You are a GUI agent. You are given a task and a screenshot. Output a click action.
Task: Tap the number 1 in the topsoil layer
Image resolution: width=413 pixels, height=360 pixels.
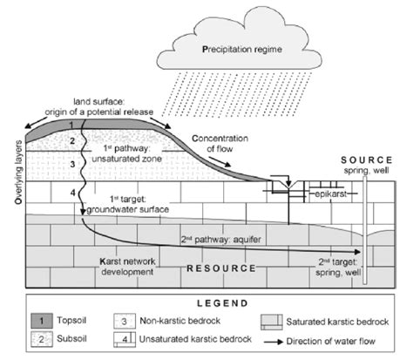(74, 127)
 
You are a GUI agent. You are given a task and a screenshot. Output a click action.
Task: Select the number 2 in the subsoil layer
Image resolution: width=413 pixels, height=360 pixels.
(73, 141)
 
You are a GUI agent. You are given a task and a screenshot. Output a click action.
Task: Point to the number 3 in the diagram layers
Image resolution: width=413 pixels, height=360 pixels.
(73, 164)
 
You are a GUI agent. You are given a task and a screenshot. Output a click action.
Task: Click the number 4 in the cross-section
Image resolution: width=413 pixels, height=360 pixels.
(73, 194)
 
